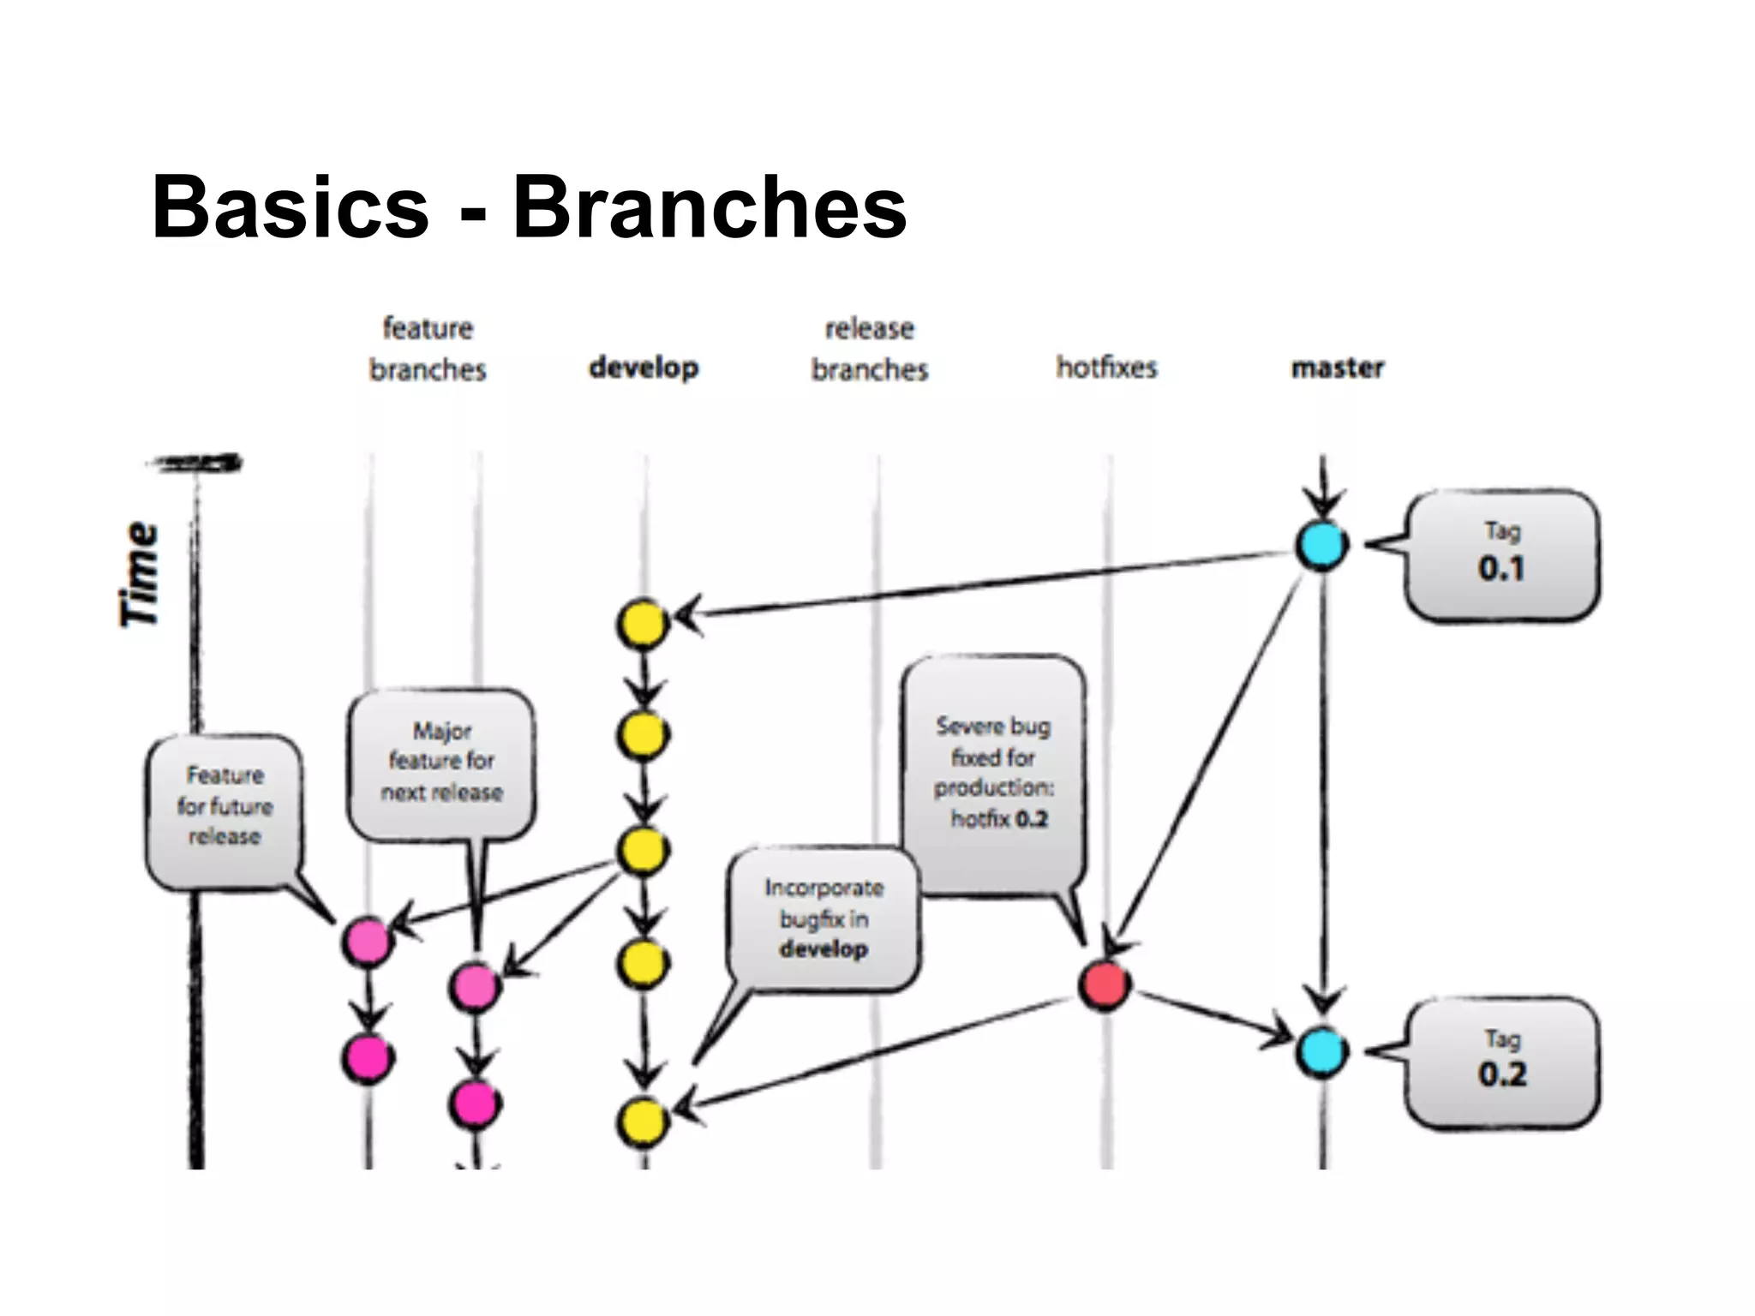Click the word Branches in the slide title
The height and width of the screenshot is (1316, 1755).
[710, 207]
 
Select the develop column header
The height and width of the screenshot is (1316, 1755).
[644, 368]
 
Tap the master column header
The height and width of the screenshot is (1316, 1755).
[1337, 368]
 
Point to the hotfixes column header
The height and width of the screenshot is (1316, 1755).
[1106, 368]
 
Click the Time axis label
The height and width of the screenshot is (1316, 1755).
[139, 574]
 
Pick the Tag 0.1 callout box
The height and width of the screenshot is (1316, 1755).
[1501, 555]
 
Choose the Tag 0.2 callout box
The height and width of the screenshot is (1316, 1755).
[1501, 1062]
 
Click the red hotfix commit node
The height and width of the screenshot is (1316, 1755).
[1105, 985]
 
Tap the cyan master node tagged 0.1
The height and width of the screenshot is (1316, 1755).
[1321, 545]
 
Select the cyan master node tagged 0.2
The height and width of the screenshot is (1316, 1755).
[1321, 1052]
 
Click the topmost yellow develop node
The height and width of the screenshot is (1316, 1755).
[643, 624]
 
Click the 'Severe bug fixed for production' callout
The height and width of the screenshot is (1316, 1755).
[994, 771]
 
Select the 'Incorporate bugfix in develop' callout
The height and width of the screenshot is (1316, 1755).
[824, 918]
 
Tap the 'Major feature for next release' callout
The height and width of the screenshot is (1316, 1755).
[441, 763]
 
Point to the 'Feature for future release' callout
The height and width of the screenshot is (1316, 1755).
[225, 807]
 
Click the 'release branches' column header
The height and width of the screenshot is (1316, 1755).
[870, 349]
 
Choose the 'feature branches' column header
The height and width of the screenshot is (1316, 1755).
[428, 349]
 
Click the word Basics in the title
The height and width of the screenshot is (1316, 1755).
[290, 207]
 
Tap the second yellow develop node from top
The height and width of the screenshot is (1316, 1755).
[643, 735]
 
